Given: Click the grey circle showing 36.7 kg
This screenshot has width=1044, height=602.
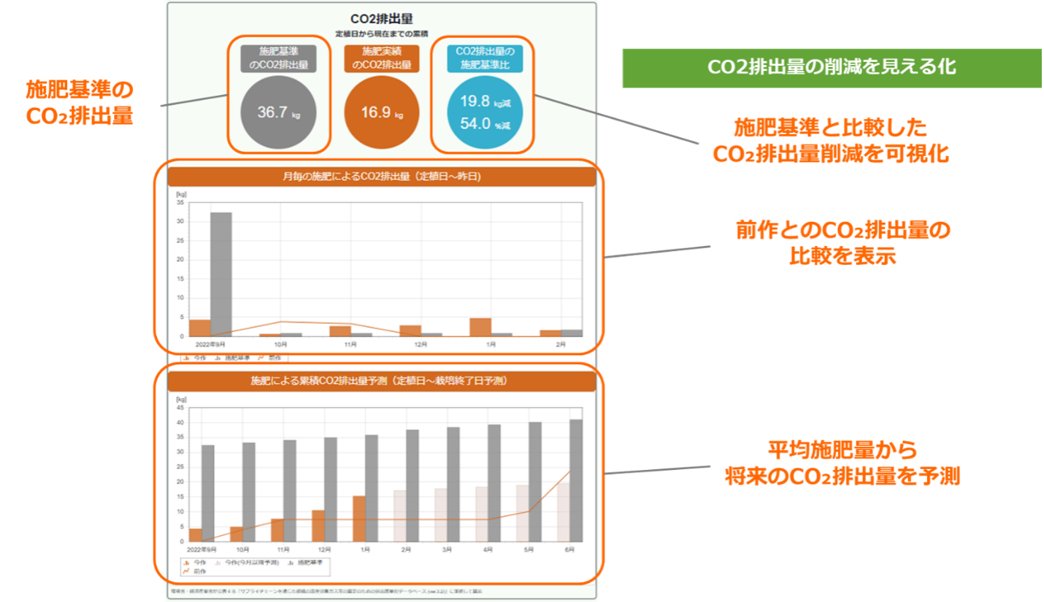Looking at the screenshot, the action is [x=279, y=112].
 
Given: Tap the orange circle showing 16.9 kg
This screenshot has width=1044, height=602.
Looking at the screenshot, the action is [x=381, y=112].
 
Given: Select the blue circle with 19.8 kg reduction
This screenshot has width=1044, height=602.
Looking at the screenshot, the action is [x=482, y=112].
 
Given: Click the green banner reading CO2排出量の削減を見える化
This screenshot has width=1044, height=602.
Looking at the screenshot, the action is [x=832, y=68].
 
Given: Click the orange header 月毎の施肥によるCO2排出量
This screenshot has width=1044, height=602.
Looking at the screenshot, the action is [x=382, y=177].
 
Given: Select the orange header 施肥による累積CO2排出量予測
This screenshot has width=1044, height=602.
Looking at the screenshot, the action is [x=382, y=381].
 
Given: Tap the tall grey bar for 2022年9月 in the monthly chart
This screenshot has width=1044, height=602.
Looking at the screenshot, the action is [x=221, y=274].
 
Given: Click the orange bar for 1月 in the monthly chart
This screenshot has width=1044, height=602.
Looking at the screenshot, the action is [x=480, y=327].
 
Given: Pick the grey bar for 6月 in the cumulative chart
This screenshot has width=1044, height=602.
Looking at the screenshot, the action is [x=576, y=480].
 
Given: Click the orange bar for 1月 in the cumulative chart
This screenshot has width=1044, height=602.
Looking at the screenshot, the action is [x=359, y=519].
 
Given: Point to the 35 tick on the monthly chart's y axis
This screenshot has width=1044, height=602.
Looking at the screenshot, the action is [x=180, y=202].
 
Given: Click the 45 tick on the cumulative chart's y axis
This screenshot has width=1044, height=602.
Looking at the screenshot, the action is [x=180, y=408].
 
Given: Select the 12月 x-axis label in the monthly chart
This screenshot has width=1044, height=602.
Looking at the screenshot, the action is [x=421, y=344].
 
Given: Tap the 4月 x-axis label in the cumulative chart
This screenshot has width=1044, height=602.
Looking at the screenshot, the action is [x=488, y=549].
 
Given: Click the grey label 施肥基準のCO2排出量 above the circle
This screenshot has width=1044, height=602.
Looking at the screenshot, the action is [x=279, y=58].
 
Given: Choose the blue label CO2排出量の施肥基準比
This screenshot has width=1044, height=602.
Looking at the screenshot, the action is [x=482, y=58].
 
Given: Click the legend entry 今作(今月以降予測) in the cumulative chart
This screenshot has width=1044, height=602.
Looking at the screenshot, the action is [x=252, y=563].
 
